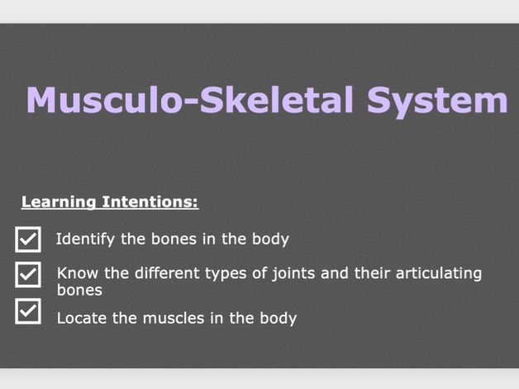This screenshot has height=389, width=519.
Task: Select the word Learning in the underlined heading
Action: tap(60, 202)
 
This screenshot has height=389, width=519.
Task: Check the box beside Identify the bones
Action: tap(28, 240)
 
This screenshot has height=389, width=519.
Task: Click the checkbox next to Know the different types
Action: tap(28, 274)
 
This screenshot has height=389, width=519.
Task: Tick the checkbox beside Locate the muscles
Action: tap(28, 311)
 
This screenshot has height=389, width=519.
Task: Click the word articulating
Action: tap(437, 273)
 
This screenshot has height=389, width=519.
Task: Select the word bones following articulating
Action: tap(79, 290)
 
